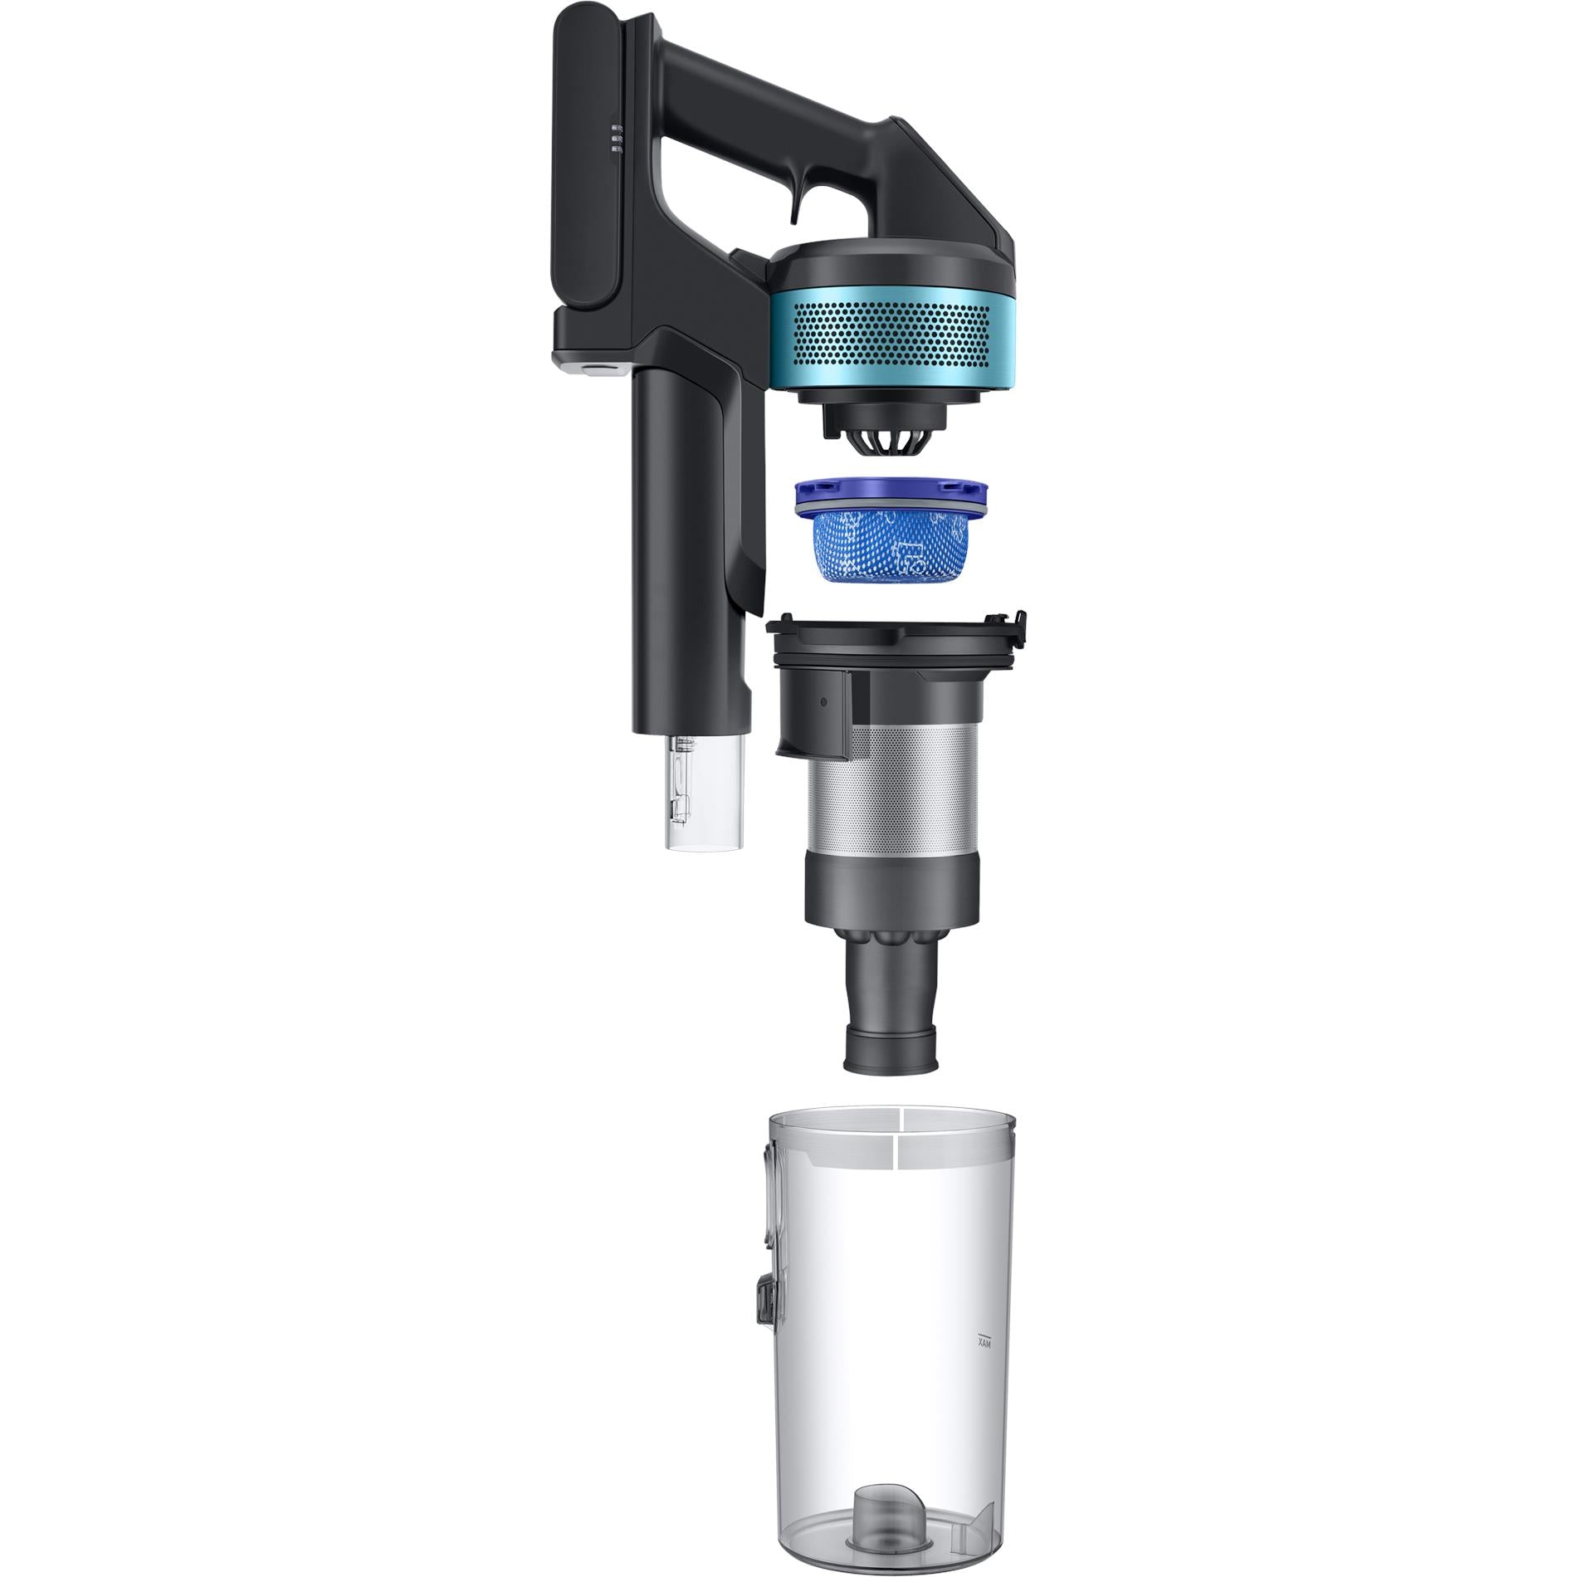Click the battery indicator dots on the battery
(617, 139)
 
